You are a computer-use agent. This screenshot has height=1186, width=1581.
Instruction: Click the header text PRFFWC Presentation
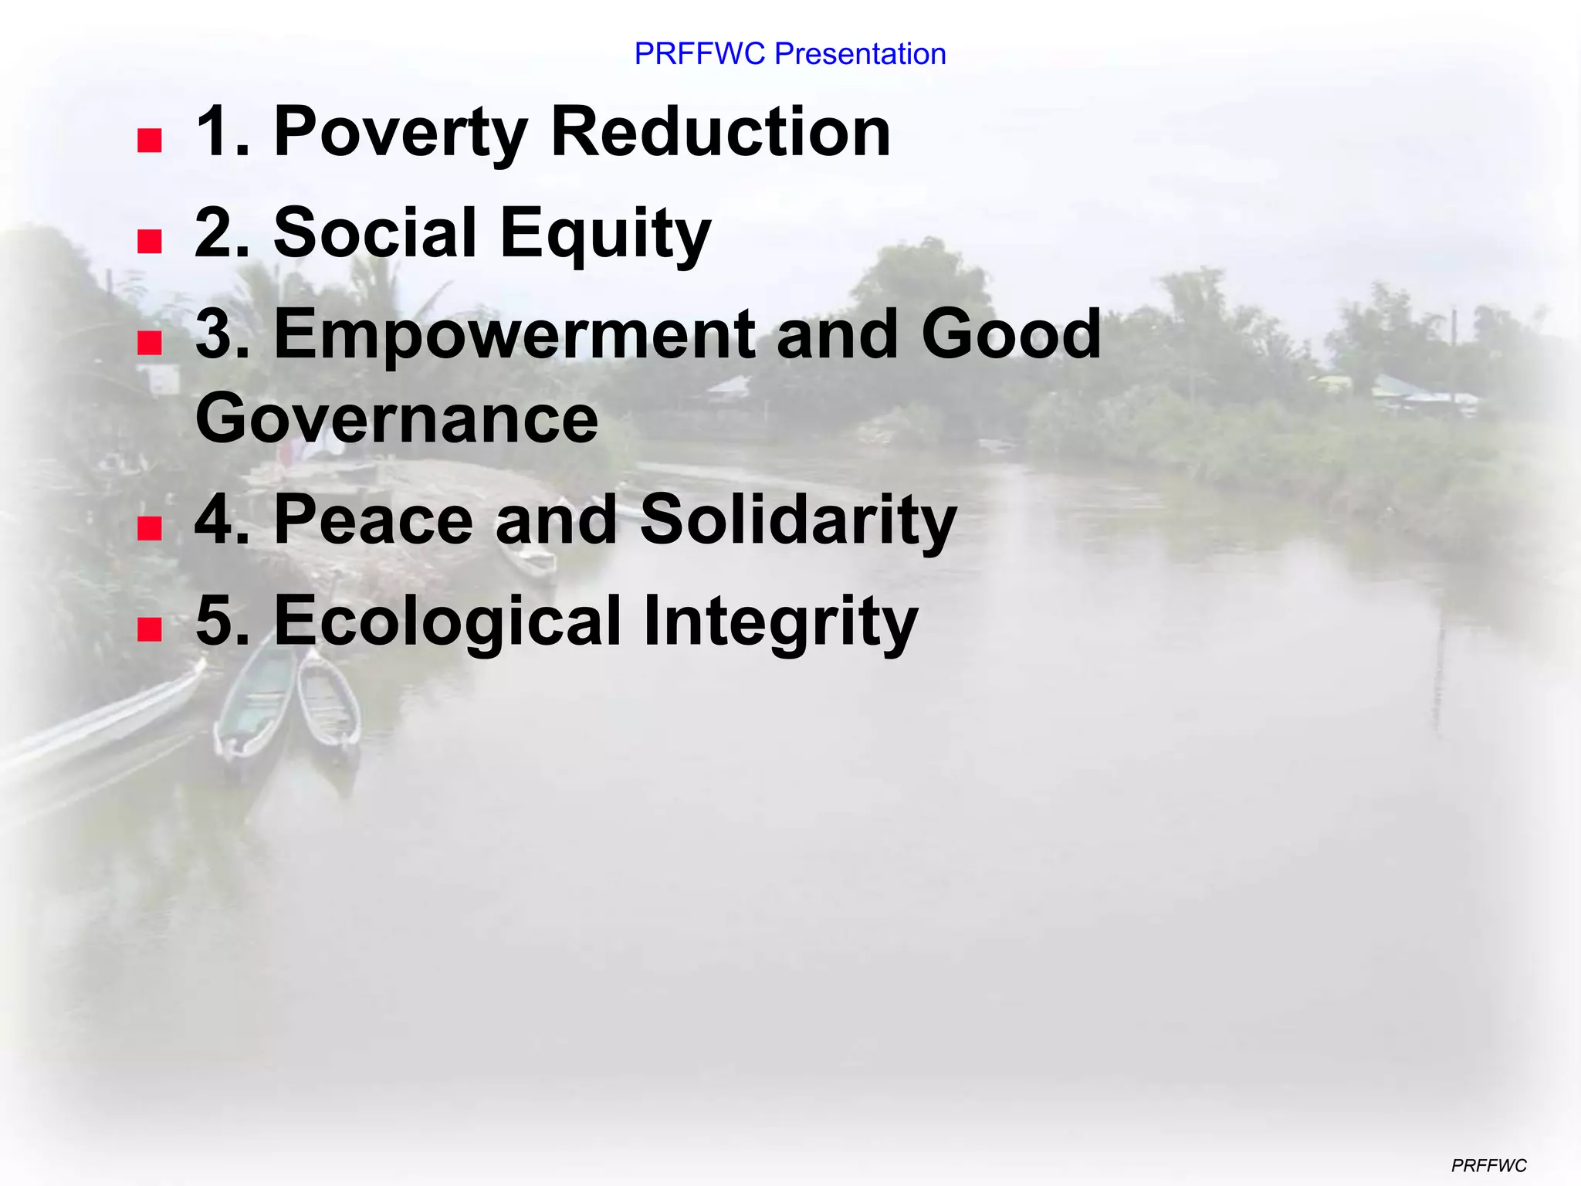(x=790, y=54)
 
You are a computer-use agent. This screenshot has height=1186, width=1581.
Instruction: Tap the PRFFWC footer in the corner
(x=1488, y=1165)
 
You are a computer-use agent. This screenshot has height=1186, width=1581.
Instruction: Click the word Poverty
(x=401, y=133)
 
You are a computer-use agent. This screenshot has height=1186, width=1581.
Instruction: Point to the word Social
(x=374, y=232)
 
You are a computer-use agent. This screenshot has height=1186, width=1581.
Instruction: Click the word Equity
(x=605, y=234)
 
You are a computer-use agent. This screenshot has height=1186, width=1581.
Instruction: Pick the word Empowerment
(x=513, y=335)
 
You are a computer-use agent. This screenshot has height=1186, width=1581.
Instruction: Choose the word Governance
(x=397, y=418)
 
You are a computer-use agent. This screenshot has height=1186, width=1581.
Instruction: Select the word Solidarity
(x=798, y=520)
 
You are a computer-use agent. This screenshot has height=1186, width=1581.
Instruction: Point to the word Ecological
(x=447, y=621)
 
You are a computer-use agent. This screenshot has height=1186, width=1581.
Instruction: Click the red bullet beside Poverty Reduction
(x=149, y=141)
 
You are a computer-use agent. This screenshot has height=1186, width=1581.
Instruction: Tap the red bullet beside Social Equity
(x=149, y=242)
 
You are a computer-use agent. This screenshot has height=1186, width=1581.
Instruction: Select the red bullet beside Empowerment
(x=149, y=343)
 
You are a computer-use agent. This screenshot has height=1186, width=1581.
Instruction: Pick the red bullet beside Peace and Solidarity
(x=149, y=529)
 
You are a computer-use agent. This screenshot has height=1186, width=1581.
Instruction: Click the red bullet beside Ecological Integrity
(x=149, y=630)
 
